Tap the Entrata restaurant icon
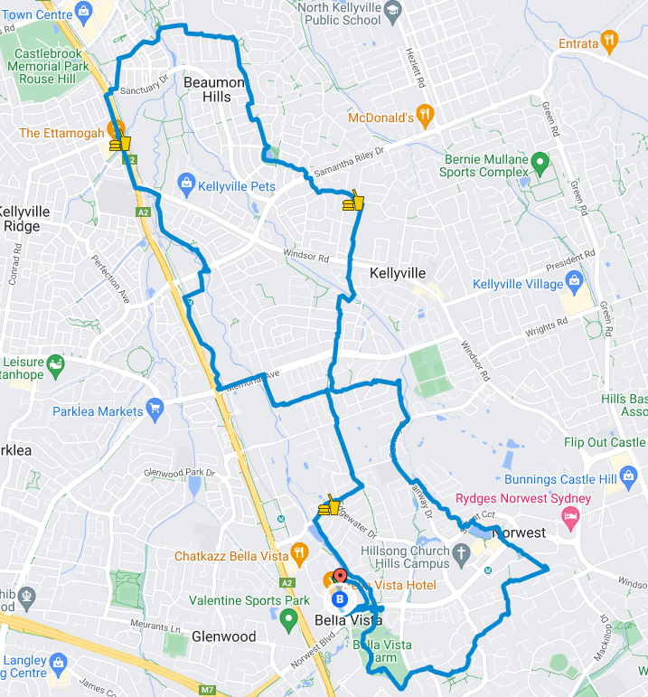[611, 42]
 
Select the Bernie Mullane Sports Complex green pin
[540, 165]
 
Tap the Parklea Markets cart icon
[155, 410]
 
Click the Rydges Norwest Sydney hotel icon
[570, 515]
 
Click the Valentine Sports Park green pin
[288, 619]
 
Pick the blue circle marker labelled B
[340, 598]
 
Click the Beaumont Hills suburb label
[213, 89]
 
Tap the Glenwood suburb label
[223, 636]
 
